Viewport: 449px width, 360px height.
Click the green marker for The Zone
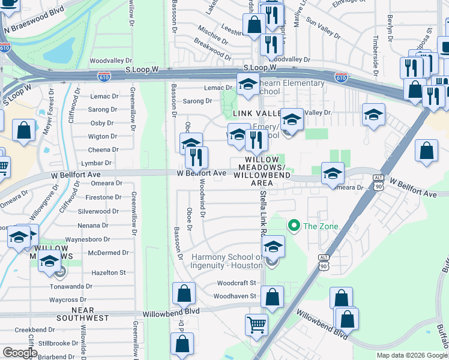pyautogui.click(x=294, y=226)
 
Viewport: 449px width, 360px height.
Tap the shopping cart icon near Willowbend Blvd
pyautogui.click(x=256, y=325)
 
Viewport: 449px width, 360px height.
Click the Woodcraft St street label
pyautogui.click(x=237, y=283)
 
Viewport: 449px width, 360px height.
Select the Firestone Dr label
pyautogui.click(x=103, y=197)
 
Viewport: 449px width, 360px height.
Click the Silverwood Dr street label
pyautogui.click(x=102, y=211)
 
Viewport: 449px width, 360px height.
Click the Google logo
pyautogui.click(x=19, y=353)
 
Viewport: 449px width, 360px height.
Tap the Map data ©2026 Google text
pyautogui.click(x=411, y=355)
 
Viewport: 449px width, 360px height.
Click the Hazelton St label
pyautogui.click(x=108, y=272)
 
